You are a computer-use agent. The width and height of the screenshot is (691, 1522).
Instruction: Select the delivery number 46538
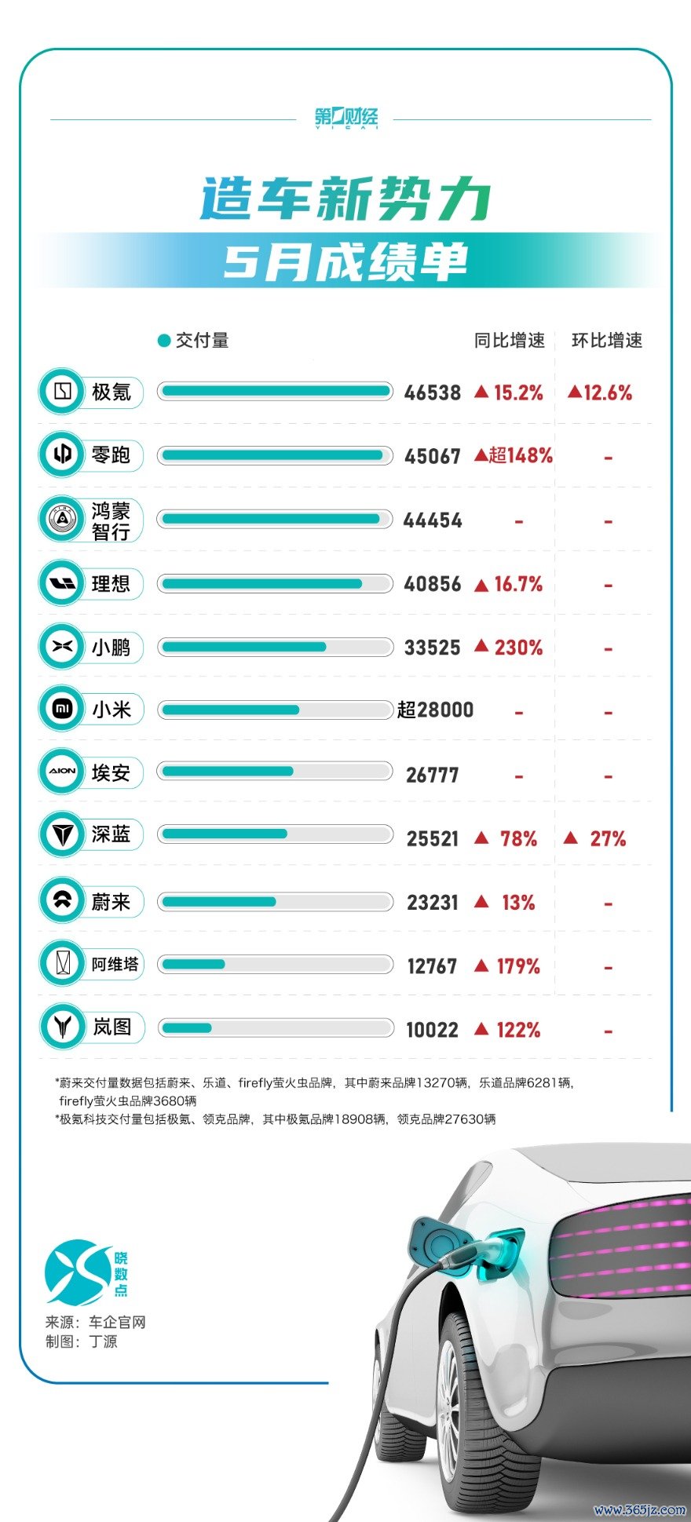click(x=432, y=392)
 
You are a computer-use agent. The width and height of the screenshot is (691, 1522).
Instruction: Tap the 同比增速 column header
click(x=510, y=340)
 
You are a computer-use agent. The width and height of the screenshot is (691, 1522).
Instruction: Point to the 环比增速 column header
click(x=607, y=340)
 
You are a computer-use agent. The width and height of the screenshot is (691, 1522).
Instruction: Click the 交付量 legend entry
click(x=194, y=340)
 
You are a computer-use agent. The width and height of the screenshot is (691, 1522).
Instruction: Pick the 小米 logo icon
click(x=62, y=710)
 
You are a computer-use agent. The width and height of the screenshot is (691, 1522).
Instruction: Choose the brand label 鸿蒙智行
click(x=111, y=521)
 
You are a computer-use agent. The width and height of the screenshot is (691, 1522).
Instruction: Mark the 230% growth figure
click(x=518, y=648)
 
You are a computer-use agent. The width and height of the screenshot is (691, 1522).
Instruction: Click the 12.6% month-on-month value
click(x=600, y=392)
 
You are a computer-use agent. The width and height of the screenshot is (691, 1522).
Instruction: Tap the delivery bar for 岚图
click(x=275, y=1027)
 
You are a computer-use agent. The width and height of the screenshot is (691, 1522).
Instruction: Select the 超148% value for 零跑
click(x=514, y=455)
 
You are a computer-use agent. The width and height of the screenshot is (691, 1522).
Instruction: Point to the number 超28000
click(x=435, y=710)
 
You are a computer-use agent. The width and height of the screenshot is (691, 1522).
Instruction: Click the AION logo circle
click(x=62, y=772)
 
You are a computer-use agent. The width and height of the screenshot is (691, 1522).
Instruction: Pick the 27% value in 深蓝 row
click(x=608, y=839)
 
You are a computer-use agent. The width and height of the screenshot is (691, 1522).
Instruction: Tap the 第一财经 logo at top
click(x=346, y=119)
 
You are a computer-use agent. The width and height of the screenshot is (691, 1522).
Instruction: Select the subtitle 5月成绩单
click(x=345, y=261)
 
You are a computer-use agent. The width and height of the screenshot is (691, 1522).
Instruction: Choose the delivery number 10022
click(x=432, y=1030)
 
